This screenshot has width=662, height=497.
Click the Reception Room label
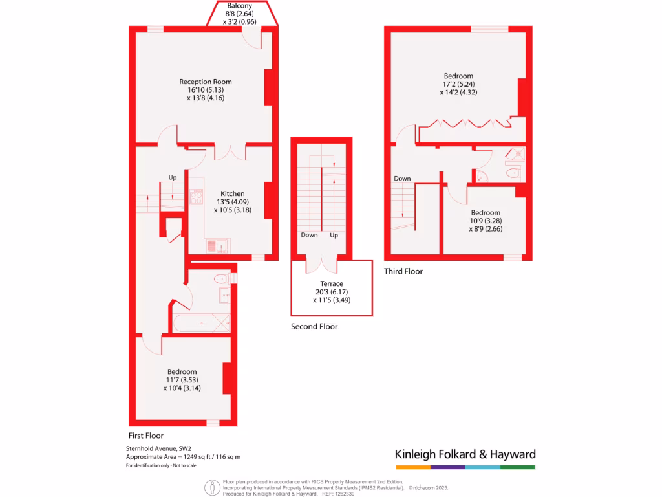[x=205, y=82]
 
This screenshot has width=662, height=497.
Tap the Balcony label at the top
[x=239, y=5]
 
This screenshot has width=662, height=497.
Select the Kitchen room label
[x=233, y=193]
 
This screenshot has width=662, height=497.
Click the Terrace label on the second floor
[x=332, y=283]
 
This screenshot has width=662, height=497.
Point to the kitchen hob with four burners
[x=196, y=196]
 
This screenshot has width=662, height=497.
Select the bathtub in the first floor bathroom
[x=201, y=322]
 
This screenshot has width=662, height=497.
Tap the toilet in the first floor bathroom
[x=221, y=279]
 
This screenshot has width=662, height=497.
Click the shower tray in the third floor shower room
[x=516, y=153]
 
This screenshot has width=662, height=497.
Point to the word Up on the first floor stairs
[x=173, y=177]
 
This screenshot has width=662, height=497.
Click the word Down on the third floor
[x=402, y=179]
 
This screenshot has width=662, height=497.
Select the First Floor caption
[x=145, y=436]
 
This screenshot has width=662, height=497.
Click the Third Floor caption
[x=403, y=271]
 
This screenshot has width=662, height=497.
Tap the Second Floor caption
[x=314, y=326]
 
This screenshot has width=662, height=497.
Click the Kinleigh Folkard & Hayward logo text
[x=465, y=454]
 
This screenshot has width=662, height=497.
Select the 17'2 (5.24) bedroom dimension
[x=458, y=84]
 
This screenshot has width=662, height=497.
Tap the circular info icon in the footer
[x=211, y=486]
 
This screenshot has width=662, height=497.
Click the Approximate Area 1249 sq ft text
[x=183, y=457]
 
